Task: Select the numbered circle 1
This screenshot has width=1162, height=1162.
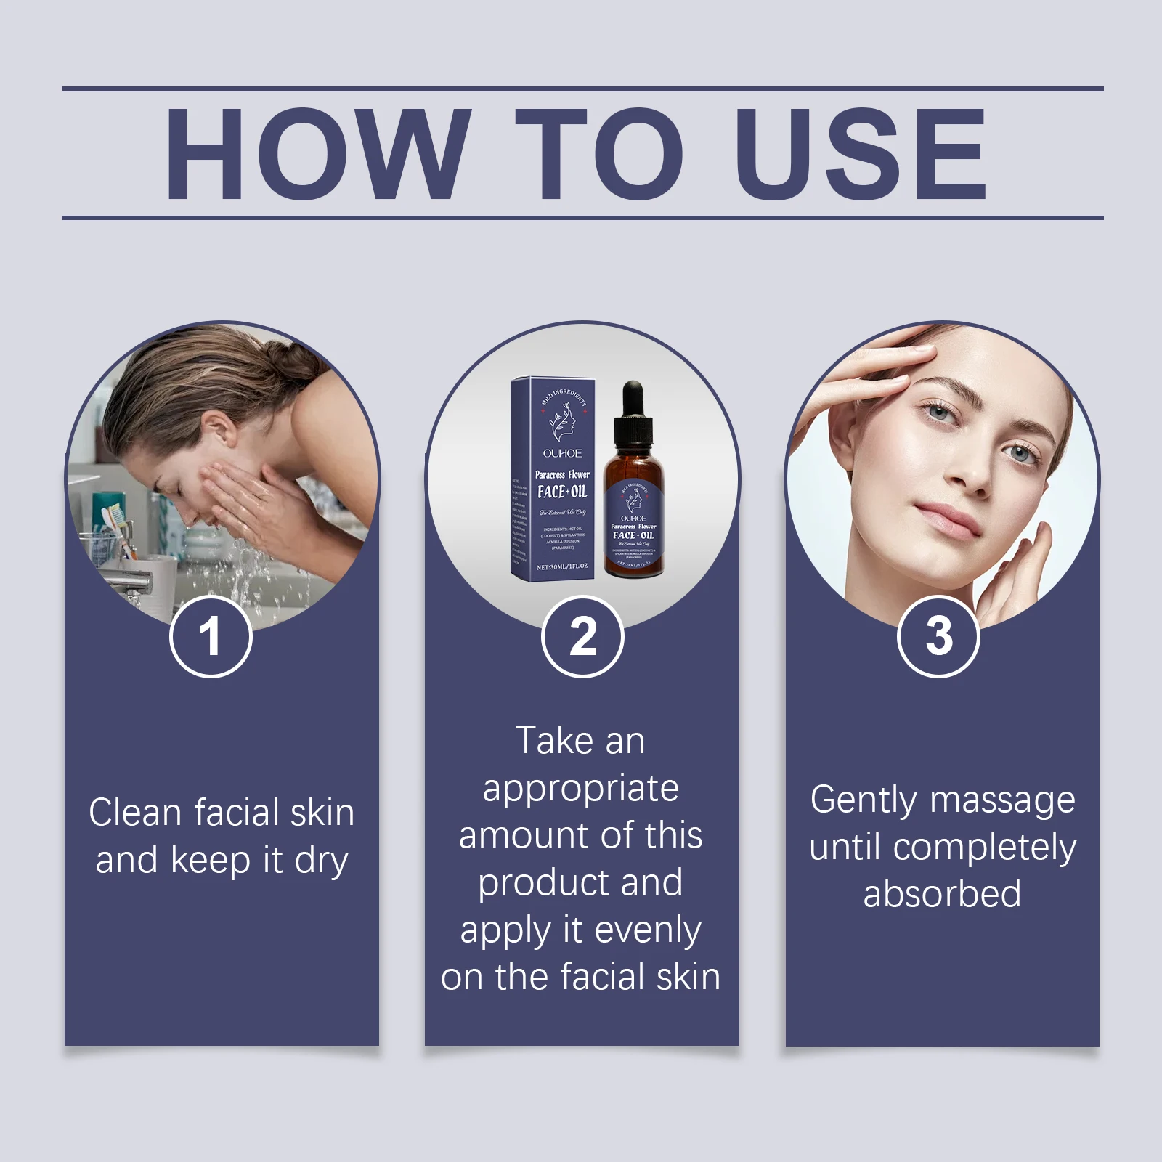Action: (211, 636)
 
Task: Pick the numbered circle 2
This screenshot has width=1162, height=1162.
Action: (582, 636)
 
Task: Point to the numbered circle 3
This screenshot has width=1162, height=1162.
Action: (938, 636)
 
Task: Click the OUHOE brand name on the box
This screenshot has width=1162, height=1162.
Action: (562, 453)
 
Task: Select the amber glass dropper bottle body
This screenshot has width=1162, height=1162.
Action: (634, 523)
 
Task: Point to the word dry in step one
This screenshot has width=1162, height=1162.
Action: (321, 861)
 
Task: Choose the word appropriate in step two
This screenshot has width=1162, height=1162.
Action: (581, 789)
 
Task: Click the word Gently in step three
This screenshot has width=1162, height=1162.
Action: (863, 801)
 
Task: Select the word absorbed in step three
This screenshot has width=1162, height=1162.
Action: (942, 894)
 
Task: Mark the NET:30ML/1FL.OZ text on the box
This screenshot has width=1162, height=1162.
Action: (561, 566)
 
